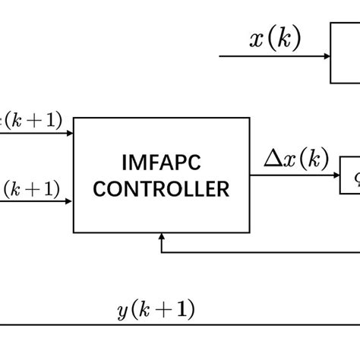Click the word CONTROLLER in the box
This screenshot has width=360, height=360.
pos(161,188)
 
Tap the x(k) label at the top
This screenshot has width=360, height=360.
pos(275,39)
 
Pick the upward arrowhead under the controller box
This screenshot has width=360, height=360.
pos(161,238)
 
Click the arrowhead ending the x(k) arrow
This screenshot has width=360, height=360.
pos(326,56)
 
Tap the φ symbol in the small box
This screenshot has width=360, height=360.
pos(353,174)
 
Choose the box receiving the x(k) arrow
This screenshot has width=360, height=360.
pos(346,53)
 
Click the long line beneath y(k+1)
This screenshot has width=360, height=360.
pos(180,324)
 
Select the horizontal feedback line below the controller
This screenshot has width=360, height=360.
pos(258,252)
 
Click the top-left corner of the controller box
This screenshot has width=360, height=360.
pos(74,118)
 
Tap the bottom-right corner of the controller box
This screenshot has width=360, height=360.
pos(249,232)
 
